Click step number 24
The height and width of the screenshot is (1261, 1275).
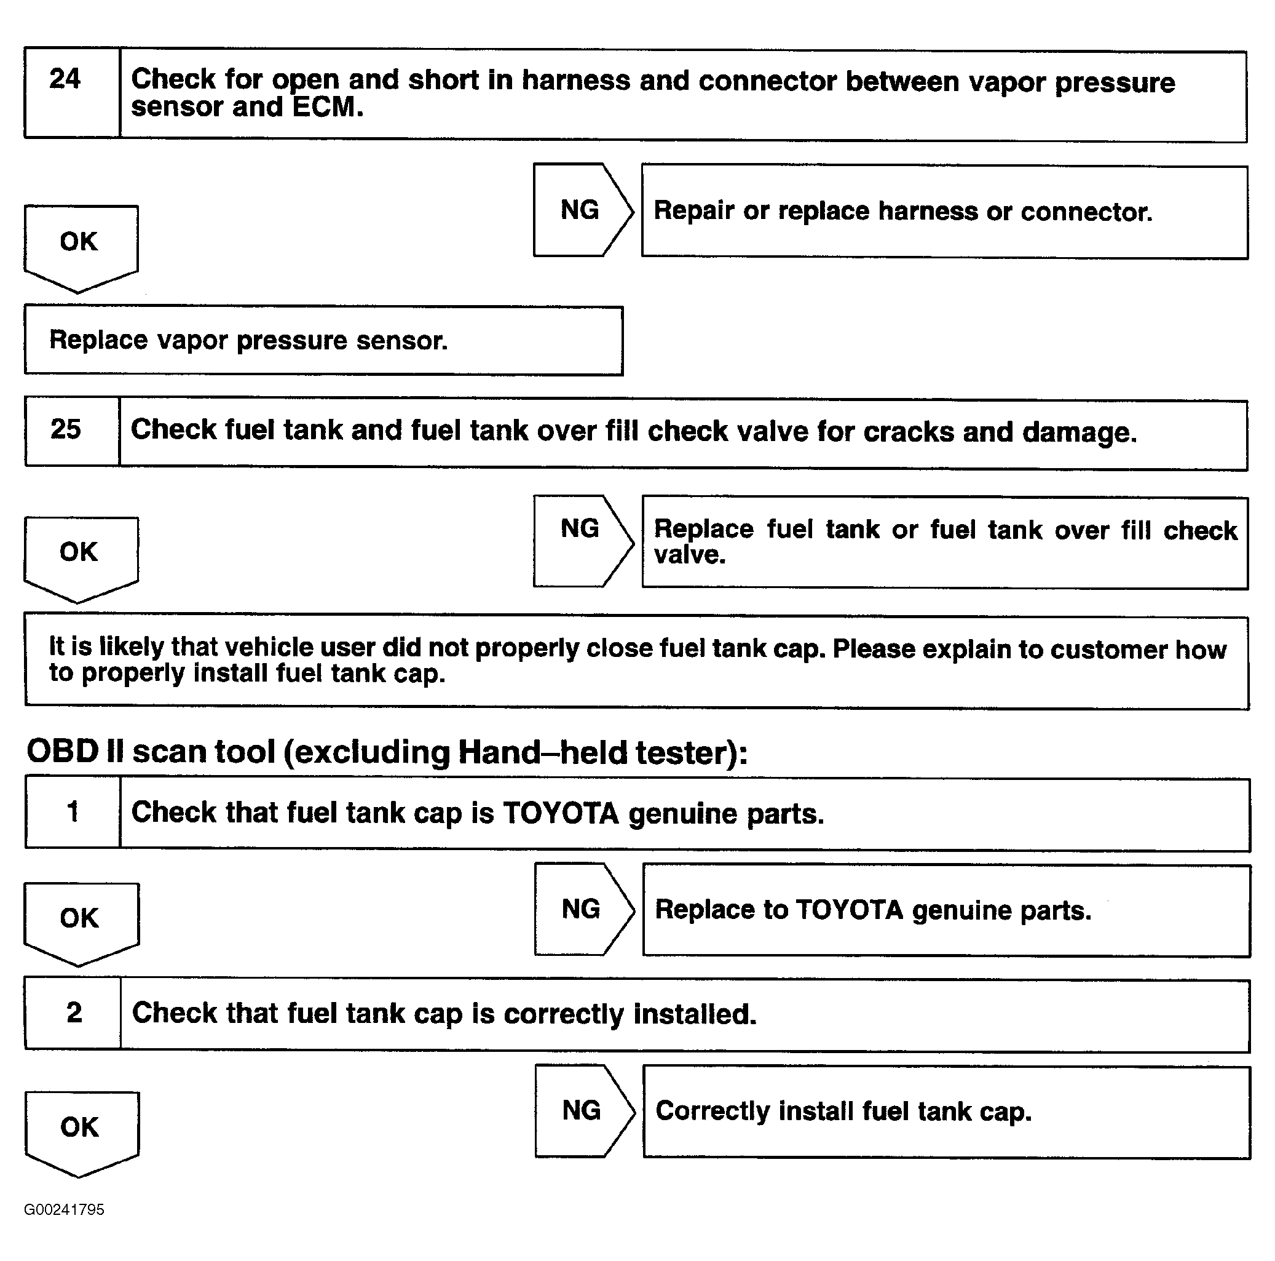point(65,79)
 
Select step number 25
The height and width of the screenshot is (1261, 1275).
point(65,429)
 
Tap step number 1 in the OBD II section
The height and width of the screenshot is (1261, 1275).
point(73,811)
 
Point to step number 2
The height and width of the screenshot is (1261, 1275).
point(74,1012)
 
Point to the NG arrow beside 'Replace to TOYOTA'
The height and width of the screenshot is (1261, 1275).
point(582,909)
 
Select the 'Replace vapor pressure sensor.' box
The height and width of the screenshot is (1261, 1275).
point(323,341)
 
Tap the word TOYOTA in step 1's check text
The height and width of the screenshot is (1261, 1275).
point(560,813)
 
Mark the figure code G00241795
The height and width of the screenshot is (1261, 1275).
point(64,1209)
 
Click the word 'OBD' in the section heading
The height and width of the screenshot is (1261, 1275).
point(63,751)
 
